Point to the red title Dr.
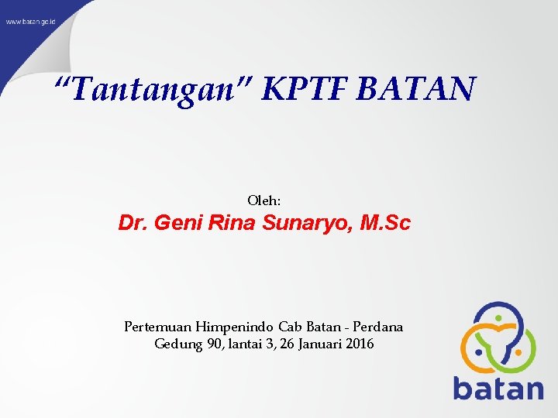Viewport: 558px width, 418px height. pos(133,224)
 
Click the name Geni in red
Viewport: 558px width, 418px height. pos(177,224)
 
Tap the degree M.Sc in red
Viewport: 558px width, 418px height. pos(386,224)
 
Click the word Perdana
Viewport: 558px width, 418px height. pos(377,327)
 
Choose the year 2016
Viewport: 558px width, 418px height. pos(360,344)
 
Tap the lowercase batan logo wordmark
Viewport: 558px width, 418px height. pos(498,387)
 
